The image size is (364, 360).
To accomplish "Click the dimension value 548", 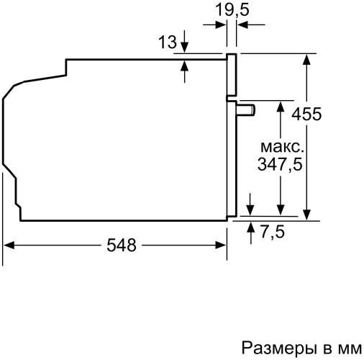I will [x=122, y=246].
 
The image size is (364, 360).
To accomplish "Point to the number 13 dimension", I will [x=167, y=43].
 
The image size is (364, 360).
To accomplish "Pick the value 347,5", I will [x=280, y=164].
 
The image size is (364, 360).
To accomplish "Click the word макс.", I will [x=280, y=147].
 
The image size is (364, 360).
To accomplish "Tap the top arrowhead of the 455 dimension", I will [x=308, y=58].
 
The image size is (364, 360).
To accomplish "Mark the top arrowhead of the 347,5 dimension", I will [x=280, y=105].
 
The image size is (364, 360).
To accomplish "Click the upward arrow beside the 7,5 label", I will [x=250, y=225].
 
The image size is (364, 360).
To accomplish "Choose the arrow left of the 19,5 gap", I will [x=222, y=24].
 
